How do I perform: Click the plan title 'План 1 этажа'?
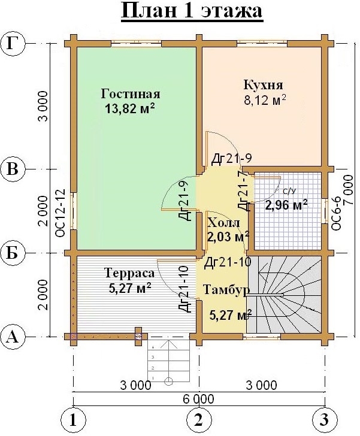point(192,12)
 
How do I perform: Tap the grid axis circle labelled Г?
point(13,43)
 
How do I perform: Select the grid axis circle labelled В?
point(13,169)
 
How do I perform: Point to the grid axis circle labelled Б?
point(13,253)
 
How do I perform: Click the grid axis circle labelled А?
point(13,337)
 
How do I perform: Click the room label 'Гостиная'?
point(131,94)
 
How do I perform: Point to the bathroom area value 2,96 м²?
point(286,205)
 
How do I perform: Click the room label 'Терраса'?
point(129,272)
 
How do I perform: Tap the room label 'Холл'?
point(223,222)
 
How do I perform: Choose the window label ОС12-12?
point(60,213)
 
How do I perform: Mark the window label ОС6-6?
point(336,213)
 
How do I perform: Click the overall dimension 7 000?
point(349,190)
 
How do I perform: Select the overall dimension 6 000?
point(199,399)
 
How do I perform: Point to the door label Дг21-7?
point(243,190)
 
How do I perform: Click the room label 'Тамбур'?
point(226,290)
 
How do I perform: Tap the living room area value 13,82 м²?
point(130,108)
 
